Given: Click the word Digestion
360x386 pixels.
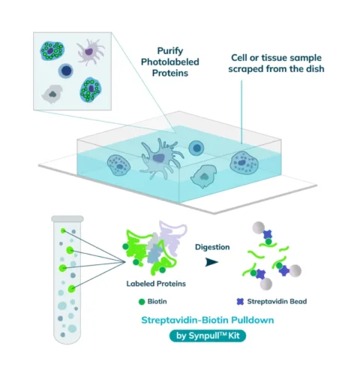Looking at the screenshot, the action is click(212, 247).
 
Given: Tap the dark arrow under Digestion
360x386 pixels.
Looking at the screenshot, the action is click(211, 262).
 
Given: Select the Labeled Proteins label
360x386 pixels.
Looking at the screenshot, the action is click(156, 284).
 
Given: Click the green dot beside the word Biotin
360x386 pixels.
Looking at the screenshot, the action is click(142, 302).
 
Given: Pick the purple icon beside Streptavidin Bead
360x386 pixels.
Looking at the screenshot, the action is click(240, 302).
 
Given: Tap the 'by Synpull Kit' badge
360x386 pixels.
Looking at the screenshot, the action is click(208, 336).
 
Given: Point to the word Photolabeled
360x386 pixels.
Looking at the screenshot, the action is click(170, 62).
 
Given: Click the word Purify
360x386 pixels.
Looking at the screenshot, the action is click(170, 51).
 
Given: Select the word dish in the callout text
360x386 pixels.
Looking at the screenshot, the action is click(316, 68).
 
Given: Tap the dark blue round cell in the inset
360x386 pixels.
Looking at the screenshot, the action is click(66, 71).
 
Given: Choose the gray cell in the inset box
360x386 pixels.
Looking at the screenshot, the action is click(52, 94).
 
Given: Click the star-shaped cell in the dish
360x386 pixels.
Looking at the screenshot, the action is click(160, 158).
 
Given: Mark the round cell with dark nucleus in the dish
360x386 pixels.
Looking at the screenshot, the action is click(196, 148).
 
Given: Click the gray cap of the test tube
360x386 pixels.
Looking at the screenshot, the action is click(67, 219).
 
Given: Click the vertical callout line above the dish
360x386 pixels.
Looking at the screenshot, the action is click(241, 112).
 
